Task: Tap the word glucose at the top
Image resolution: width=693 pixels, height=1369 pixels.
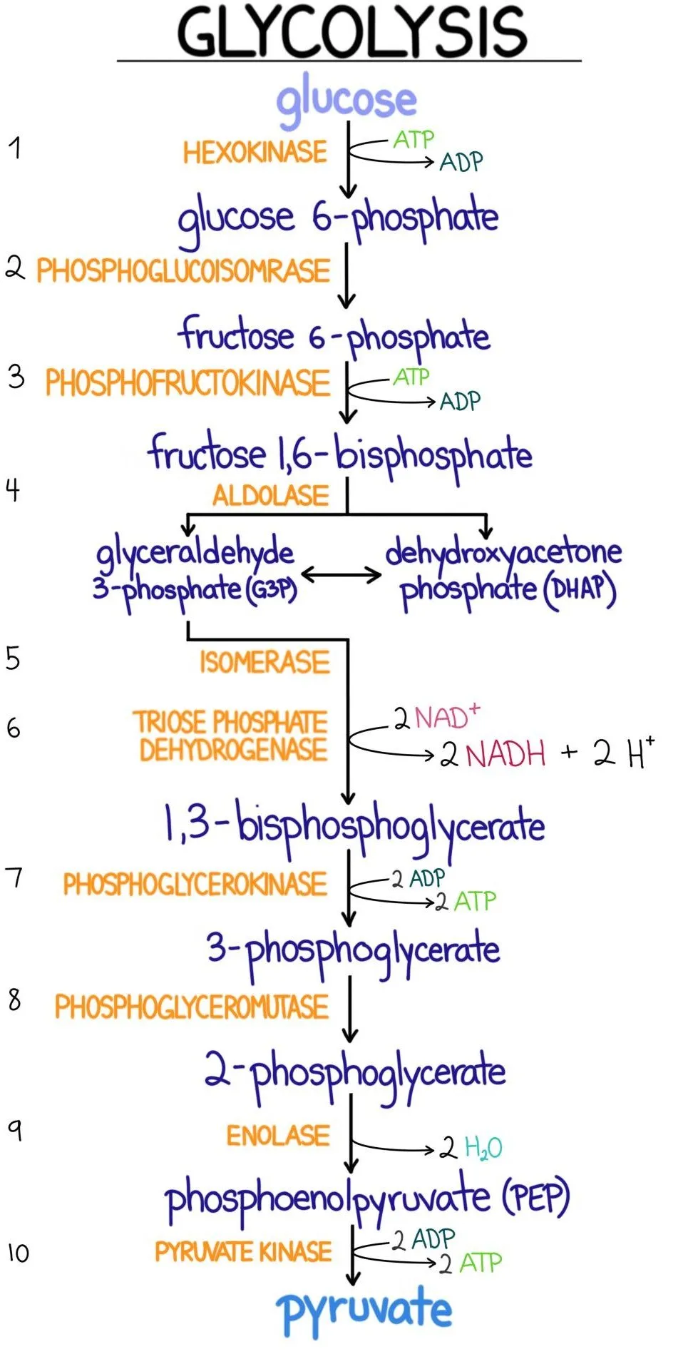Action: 346,101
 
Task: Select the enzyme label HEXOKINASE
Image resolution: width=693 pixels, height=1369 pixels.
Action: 255,153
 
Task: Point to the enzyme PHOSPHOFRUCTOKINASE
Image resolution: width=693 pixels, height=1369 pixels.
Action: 188,383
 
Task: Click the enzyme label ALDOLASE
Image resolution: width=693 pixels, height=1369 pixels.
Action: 270,496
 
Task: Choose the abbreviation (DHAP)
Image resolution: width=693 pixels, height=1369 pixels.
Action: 580,590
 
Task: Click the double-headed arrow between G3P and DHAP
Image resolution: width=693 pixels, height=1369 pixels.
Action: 342,575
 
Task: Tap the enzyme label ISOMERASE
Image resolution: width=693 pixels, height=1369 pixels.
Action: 265,663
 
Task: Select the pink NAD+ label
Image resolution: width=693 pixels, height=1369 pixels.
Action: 447,717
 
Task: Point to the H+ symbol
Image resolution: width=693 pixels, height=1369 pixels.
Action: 641,753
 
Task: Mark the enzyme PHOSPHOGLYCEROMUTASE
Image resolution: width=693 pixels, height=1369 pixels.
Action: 192,1007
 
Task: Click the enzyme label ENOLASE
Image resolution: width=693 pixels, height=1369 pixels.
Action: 278,1136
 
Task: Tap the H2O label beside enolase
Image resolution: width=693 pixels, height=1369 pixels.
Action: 483,1148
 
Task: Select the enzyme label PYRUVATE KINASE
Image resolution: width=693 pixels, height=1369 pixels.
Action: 243,1252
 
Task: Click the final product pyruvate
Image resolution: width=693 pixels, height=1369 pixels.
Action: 364,1311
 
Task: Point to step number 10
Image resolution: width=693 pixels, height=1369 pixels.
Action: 18,1253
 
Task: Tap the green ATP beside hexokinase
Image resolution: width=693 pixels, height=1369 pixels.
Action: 413,139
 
